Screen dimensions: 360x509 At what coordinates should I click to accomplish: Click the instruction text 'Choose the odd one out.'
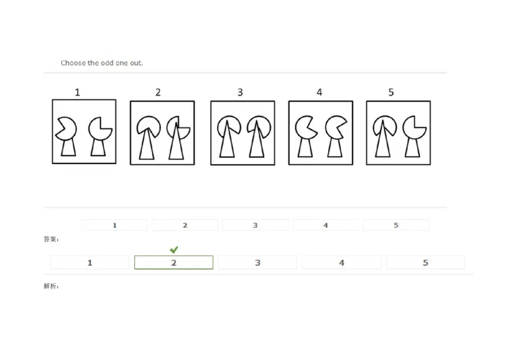(x=102, y=63)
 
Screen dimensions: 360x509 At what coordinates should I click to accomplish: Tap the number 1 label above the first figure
(x=78, y=92)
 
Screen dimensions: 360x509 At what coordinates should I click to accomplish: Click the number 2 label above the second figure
(x=158, y=92)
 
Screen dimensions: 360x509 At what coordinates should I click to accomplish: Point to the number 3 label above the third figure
(x=240, y=92)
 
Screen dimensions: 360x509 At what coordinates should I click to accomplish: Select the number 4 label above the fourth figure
(x=319, y=92)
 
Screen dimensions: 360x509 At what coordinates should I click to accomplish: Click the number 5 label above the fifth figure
(x=391, y=92)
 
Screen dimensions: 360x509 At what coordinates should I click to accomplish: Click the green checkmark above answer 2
(x=174, y=249)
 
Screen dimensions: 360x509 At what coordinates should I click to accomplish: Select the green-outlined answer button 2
(x=174, y=263)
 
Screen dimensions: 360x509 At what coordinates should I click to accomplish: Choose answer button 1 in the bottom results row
(x=90, y=263)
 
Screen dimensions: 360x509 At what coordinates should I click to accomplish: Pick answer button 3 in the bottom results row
(x=258, y=263)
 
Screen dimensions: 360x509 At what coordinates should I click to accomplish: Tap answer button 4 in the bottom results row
(x=342, y=263)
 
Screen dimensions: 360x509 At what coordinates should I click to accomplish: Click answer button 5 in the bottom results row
(x=426, y=263)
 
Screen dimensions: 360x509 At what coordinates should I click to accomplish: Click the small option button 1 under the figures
(x=115, y=225)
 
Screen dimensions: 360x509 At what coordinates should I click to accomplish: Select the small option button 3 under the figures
(x=255, y=225)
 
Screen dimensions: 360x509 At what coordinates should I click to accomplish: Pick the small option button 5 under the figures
(x=396, y=225)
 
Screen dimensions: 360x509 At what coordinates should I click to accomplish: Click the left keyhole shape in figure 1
(x=67, y=136)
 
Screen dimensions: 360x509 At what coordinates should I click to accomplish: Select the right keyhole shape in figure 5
(x=414, y=136)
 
